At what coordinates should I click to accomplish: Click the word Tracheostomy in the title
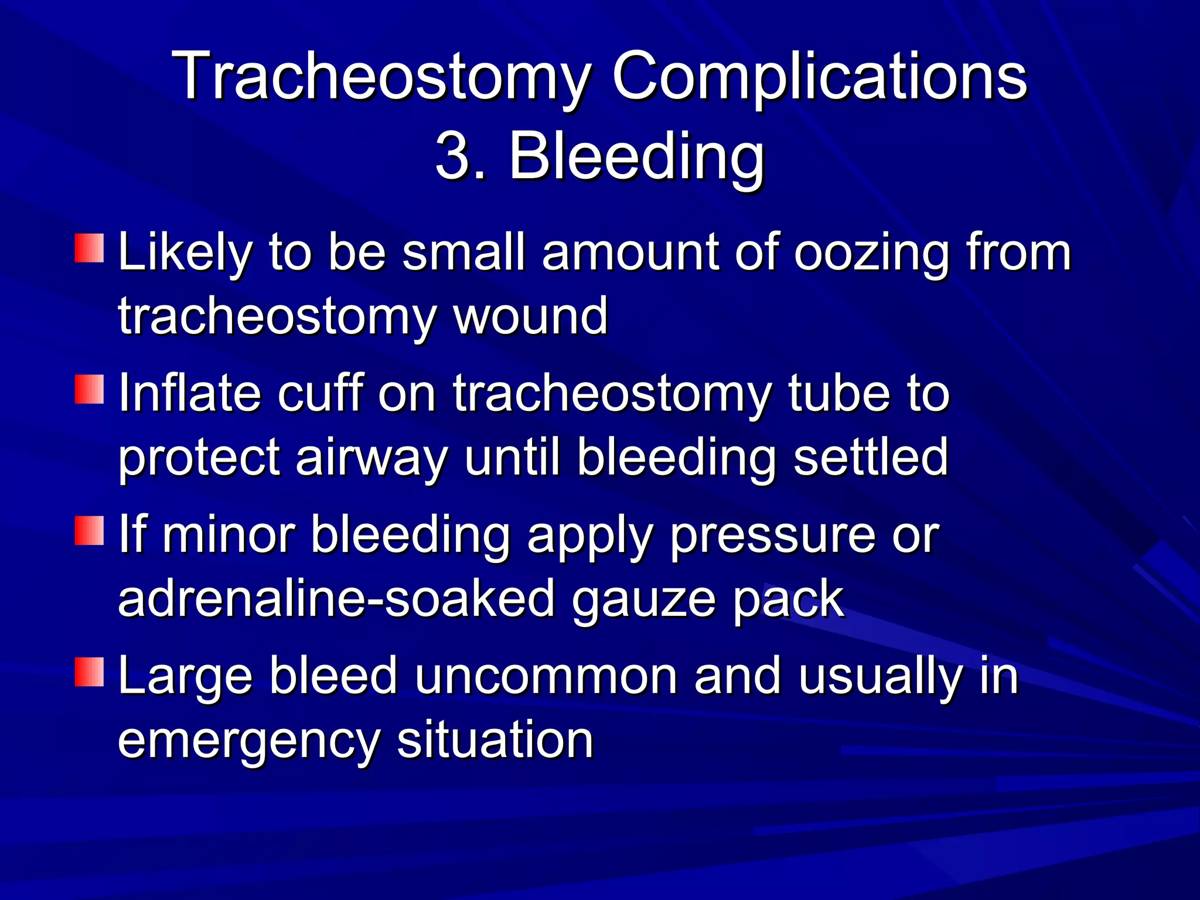[x=381, y=76]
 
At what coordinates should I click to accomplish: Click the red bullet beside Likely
[x=89, y=248]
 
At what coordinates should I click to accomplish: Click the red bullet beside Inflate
[x=89, y=389]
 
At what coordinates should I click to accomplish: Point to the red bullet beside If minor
[x=89, y=530]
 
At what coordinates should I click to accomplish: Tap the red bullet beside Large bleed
[x=89, y=671]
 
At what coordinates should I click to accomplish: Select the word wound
[x=531, y=316]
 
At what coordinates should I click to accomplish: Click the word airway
[x=371, y=457]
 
